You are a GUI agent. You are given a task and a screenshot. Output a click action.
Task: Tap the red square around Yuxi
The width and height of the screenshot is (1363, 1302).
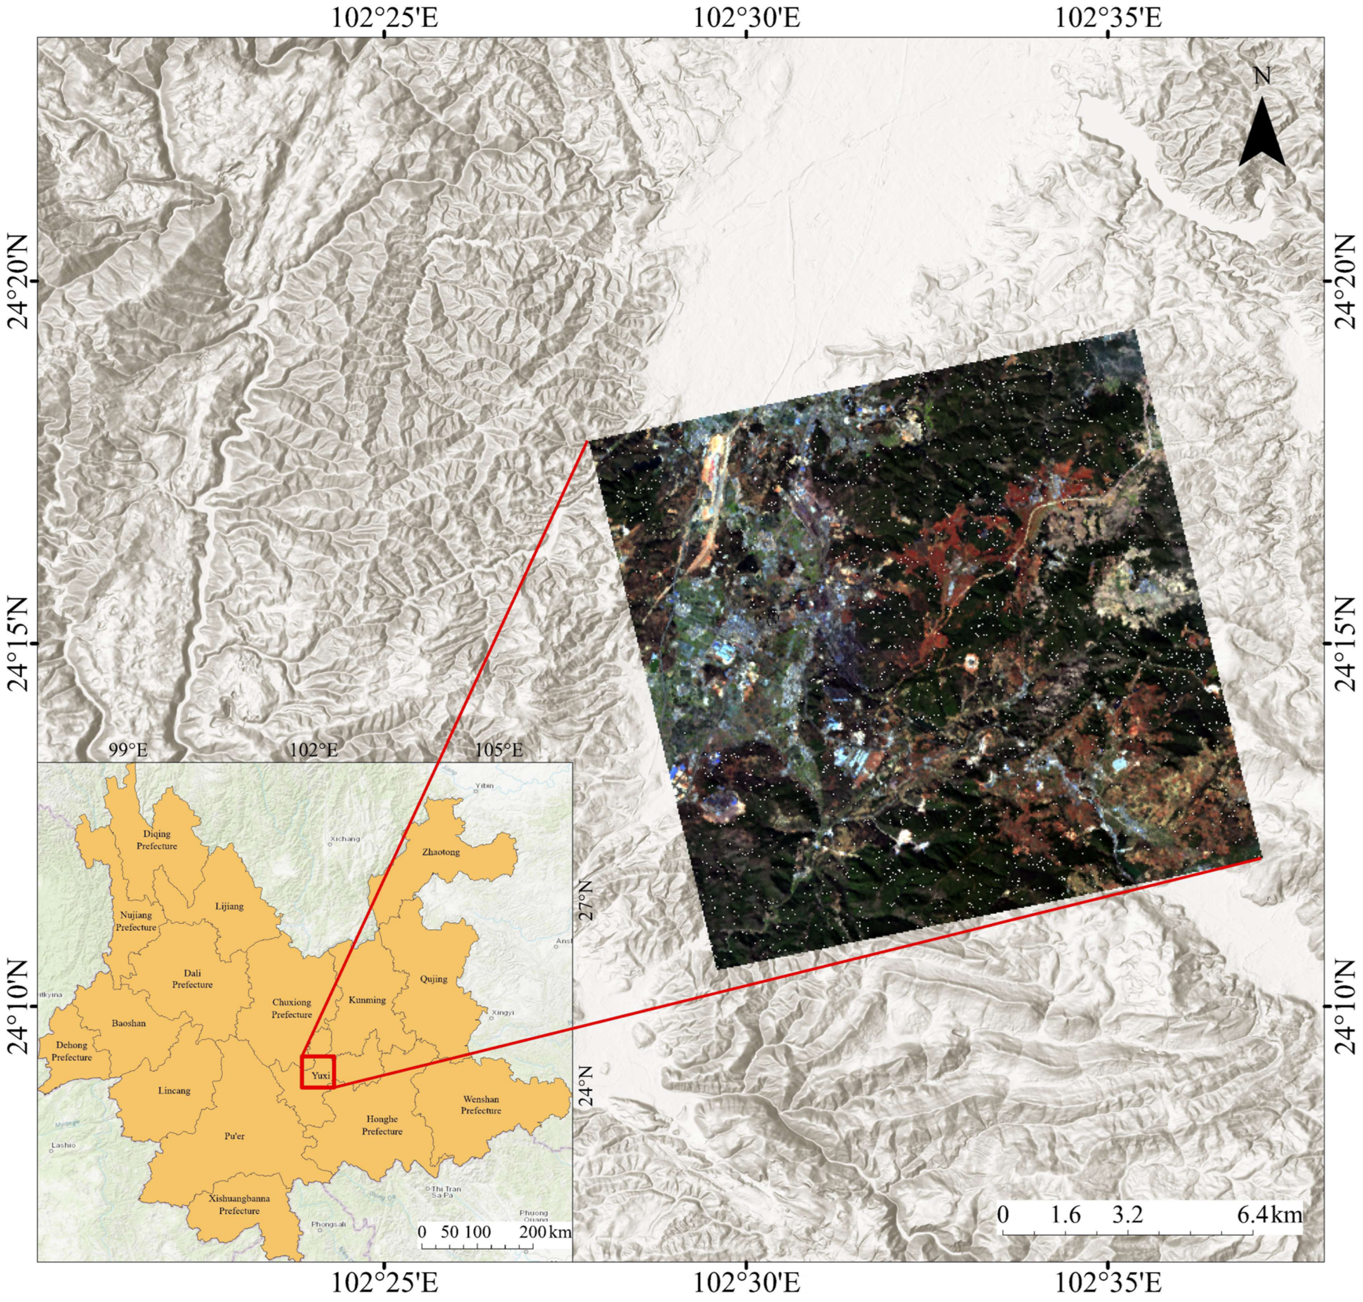tap(318, 1071)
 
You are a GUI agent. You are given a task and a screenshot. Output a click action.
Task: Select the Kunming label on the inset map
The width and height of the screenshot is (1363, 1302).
tap(367, 1000)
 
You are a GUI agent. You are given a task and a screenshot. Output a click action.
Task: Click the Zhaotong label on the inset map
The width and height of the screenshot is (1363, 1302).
tap(441, 852)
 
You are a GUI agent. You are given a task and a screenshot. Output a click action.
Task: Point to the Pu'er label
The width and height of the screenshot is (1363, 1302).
tap(235, 1136)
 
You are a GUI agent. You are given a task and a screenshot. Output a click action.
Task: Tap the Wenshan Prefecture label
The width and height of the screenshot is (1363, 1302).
tap(481, 1104)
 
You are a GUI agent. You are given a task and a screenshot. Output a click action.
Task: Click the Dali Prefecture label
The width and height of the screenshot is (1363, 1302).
tap(192, 979)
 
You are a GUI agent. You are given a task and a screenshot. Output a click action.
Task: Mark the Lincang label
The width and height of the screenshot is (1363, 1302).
tap(174, 1090)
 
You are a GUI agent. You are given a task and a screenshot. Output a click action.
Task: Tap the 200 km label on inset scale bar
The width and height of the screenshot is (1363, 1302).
tap(545, 1232)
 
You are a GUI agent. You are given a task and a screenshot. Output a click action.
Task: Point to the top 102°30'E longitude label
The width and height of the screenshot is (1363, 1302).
tap(747, 17)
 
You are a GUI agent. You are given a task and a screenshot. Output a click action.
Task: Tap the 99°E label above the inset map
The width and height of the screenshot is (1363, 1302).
tap(128, 750)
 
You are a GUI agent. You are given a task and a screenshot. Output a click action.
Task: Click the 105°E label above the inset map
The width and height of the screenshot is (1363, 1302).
tap(498, 750)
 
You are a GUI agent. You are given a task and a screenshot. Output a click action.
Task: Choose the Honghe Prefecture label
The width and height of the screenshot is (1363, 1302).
tap(382, 1125)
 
